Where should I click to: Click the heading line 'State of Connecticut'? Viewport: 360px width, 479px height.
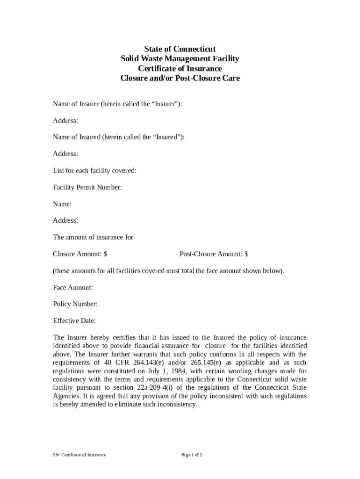tap(180, 49)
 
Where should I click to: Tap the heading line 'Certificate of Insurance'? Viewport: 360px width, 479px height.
tap(180, 68)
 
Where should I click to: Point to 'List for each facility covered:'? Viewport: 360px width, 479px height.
tap(94, 171)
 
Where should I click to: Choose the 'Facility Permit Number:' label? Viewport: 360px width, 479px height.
tap(87, 188)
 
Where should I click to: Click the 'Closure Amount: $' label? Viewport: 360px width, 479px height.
tap(80, 254)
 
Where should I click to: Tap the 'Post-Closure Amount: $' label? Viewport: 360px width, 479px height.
tap(214, 254)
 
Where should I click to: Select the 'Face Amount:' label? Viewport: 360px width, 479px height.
tap(73, 288)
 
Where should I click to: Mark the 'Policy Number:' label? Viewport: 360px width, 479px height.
tap(75, 304)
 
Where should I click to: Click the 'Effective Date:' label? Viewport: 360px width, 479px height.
tap(74, 321)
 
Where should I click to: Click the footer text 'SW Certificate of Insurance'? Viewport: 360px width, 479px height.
tap(79, 455)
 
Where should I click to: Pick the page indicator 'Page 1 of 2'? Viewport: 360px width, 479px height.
tap(192, 455)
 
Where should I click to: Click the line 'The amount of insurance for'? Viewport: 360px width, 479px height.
tap(93, 237)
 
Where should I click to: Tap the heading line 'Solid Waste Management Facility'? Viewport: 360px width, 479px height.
tap(180, 58)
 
